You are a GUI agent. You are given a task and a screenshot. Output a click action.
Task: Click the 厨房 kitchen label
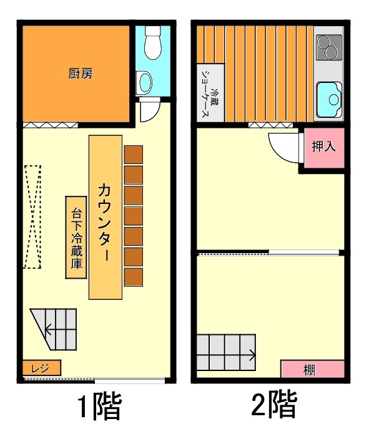(81, 74)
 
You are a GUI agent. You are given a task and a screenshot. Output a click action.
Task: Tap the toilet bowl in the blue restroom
(153, 42)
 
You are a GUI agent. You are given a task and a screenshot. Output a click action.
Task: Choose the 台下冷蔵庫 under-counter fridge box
(76, 237)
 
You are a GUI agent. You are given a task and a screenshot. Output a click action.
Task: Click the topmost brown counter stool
(134, 155)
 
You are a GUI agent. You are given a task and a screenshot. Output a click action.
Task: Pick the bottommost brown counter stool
(134, 277)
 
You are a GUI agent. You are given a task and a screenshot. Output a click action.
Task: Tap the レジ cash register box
(42, 368)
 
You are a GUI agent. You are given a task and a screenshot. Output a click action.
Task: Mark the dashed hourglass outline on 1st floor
(32, 217)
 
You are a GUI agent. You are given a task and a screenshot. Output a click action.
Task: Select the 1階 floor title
(99, 406)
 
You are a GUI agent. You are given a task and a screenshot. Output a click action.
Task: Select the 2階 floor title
(274, 405)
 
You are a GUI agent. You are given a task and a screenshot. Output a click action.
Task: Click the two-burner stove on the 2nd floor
(329, 47)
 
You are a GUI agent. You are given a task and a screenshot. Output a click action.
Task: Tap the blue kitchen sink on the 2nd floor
(330, 99)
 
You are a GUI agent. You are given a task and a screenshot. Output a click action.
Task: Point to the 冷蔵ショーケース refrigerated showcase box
(210, 92)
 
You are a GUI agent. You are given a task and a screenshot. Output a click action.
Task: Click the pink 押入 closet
(325, 148)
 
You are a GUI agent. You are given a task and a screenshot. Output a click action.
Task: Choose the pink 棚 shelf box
(312, 369)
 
